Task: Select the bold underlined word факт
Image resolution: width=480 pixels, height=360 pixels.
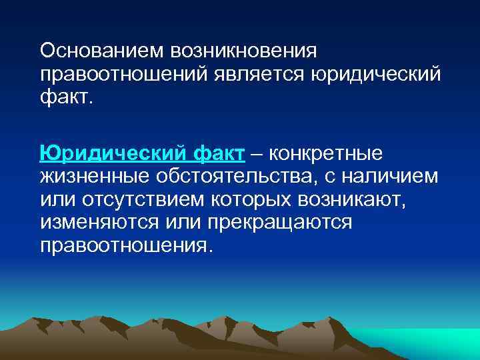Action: [x=219, y=154]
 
